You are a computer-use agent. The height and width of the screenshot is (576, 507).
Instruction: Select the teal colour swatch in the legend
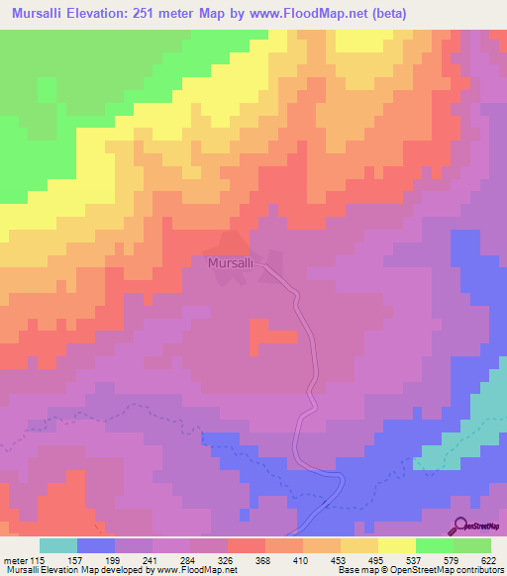point(58,545)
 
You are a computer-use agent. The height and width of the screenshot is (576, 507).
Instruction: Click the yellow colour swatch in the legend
point(396,545)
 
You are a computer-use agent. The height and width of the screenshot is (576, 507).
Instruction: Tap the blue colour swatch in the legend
point(96,545)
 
